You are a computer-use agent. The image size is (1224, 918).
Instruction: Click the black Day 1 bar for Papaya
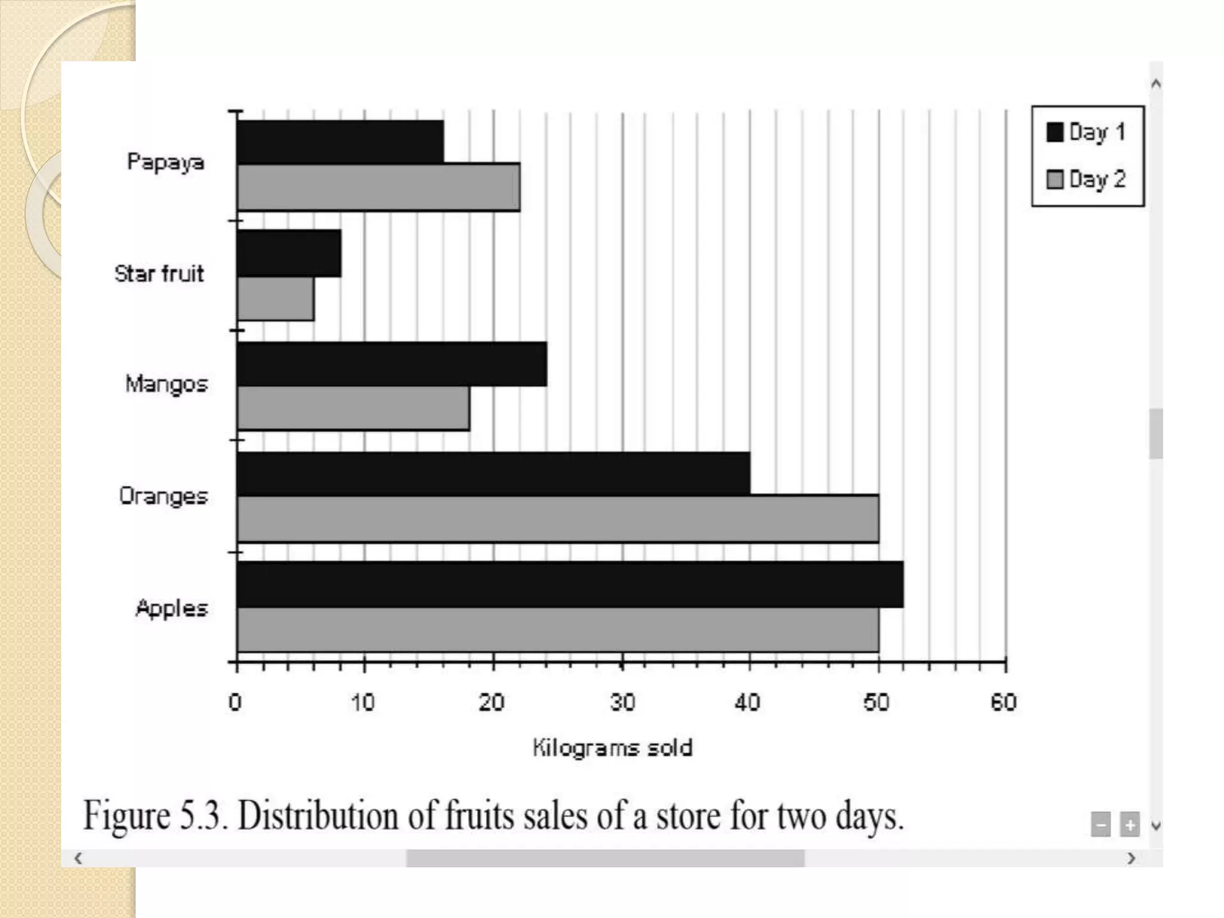click(x=341, y=142)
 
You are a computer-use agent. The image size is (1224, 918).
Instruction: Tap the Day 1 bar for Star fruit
click(x=289, y=253)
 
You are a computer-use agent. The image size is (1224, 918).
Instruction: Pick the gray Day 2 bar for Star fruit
click(x=276, y=299)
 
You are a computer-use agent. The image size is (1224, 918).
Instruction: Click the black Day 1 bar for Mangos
click(x=392, y=364)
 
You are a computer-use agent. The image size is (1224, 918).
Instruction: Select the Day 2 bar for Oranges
click(x=558, y=519)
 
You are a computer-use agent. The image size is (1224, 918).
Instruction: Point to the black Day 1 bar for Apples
click(x=570, y=585)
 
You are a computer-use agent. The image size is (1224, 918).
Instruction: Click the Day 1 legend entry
click(x=1087, y=132)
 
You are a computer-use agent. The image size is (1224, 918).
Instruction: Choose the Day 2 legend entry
click(x=1087, y=179)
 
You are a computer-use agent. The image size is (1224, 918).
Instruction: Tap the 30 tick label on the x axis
click(x=622, y=702)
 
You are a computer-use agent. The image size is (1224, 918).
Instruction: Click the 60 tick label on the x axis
click(x=1003, y=702)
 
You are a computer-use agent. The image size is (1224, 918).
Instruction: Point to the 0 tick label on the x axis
click(x=235, y=702)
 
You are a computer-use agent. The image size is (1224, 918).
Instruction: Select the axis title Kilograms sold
click(x=612, y=748)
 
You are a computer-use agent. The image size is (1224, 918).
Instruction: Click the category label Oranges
click(x=163, y=496)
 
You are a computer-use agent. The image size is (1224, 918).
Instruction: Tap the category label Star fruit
click(x=159, y=274)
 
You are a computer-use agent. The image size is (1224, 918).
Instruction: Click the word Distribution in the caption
click(x=317, y=816)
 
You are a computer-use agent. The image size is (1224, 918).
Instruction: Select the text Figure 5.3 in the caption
click(x=155, y=816)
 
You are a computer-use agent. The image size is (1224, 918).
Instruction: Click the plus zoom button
click(x=1129, y=825)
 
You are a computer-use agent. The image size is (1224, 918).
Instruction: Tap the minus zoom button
click(x=1100, y=825)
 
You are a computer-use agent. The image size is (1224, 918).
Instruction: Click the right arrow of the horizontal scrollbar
click(x=1131, y=859)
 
